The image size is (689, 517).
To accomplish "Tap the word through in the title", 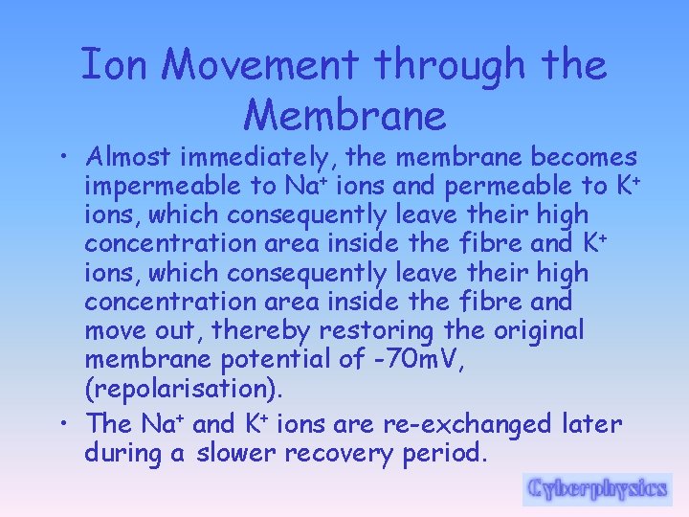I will [x=449, y=66].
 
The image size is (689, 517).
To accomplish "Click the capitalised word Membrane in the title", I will [x=344, y=116].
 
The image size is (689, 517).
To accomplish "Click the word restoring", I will [x=394, y=331].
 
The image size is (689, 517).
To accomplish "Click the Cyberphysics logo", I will [x=596, y=488].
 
